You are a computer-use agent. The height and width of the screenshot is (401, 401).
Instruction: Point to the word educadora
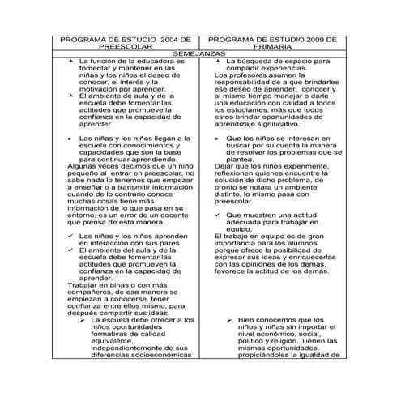click(x=154, y=62)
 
